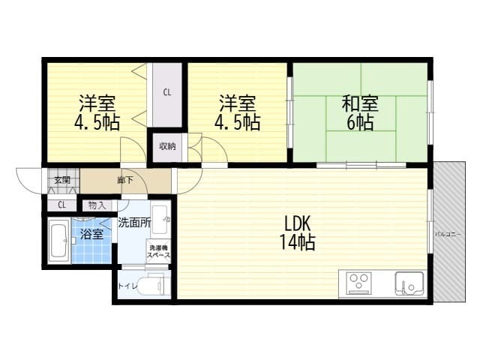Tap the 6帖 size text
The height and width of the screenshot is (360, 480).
(x=360, y=122)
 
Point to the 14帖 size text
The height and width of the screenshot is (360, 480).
(x=298, y=242)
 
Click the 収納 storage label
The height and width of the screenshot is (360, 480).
(x=166, y=146)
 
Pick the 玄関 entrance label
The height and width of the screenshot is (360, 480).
(x=61, y=180)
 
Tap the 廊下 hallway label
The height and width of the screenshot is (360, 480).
(x=124, y=180)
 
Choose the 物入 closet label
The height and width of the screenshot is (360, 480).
(x=97, y=205)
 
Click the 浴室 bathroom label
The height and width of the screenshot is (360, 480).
(x=91, y=234)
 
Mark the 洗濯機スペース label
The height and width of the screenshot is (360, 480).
(x=158, y=252)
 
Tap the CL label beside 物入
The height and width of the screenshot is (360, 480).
(x=61, y=205)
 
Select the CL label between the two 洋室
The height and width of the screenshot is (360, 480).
(x=166, y=93)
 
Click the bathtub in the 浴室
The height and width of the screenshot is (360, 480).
(x=59, y=241)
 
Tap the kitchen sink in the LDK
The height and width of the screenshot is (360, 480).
(x=409, y=283)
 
